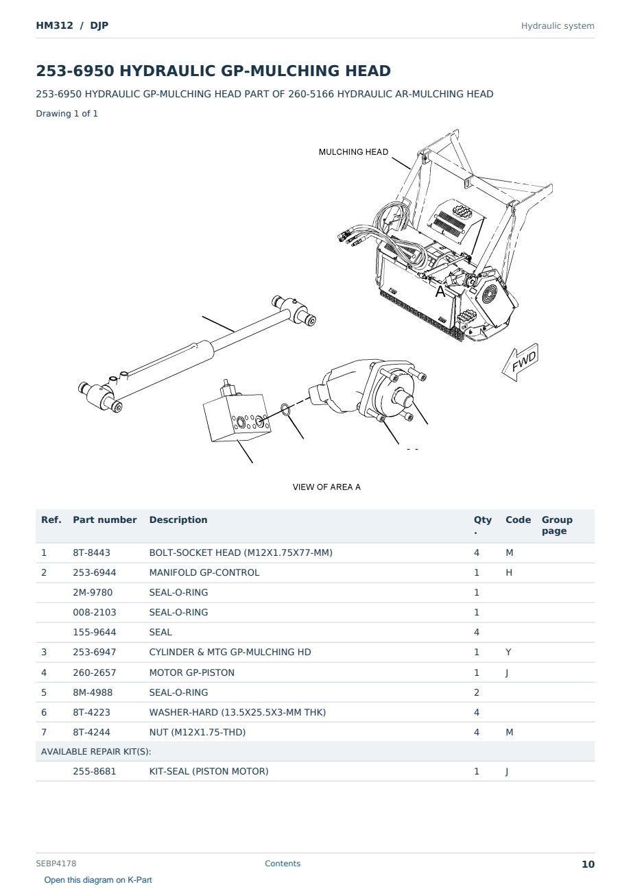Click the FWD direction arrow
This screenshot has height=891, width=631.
(520, 363)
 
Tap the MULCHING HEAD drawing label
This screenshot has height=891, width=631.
(353, 152)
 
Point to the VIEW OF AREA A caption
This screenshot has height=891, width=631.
(326, 487)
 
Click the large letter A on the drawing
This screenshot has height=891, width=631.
(440, 291)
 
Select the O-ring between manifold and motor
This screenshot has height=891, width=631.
(285, 409)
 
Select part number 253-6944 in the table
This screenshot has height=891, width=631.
(95, 572)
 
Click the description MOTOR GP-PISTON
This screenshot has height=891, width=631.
(191, 672)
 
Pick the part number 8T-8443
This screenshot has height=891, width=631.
(91, 552)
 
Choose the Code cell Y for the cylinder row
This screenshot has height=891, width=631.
(508, 652)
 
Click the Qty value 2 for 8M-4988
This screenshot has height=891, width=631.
(477, 692)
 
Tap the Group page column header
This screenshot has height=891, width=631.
(557, 525)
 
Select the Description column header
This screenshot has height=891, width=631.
(178, 520)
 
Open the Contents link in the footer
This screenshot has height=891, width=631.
(283, 863)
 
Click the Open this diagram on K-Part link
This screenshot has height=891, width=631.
(98, 879)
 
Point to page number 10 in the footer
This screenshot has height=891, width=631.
(588, 864)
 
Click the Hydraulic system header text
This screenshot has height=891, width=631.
(558, 26)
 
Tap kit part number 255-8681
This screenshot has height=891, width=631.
(95, 771)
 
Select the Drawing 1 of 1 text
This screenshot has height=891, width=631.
(67, 113)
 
